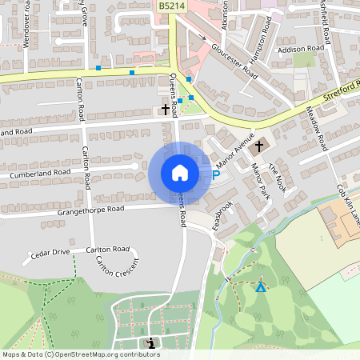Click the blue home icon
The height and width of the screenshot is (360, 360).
179,172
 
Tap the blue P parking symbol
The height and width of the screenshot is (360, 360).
215,174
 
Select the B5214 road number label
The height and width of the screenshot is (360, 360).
170,6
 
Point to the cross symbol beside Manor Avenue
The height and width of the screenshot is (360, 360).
258,146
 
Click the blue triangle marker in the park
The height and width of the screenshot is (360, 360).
260,286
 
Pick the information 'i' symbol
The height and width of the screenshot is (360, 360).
151,342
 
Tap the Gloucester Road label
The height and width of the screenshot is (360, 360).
234,60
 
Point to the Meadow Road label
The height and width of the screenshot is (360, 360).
318,128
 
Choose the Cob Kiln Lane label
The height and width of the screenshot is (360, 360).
347,205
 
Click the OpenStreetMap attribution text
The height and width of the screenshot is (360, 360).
81,354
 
